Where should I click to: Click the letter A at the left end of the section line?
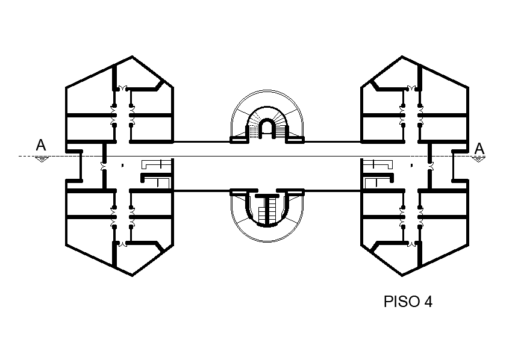coord(41,144)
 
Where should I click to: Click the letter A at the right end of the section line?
coord(479,149)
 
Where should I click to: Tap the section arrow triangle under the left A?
coord(42,160)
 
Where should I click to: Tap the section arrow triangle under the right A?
coord(478,160)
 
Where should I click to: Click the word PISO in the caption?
coord(402,301)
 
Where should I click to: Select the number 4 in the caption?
coord(428,301)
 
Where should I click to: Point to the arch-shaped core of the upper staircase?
coord(266,128)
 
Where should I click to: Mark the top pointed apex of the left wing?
coord(133,57)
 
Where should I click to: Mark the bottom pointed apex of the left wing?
coord(133,276)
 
